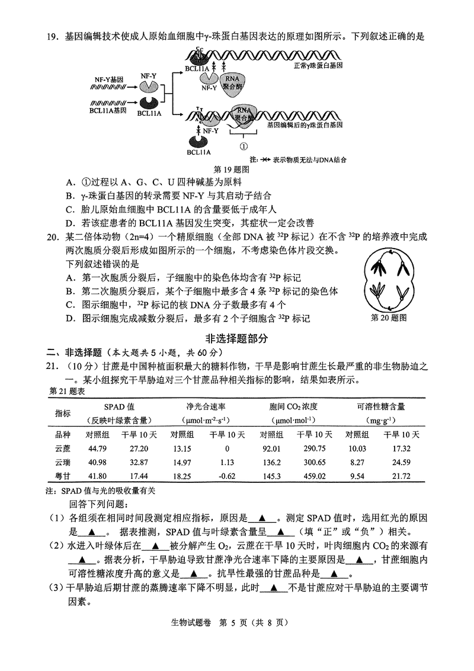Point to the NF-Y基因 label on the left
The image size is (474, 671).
(108, 79)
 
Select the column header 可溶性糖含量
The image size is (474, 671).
(381, 407)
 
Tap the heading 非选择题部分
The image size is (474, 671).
(236, 339)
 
